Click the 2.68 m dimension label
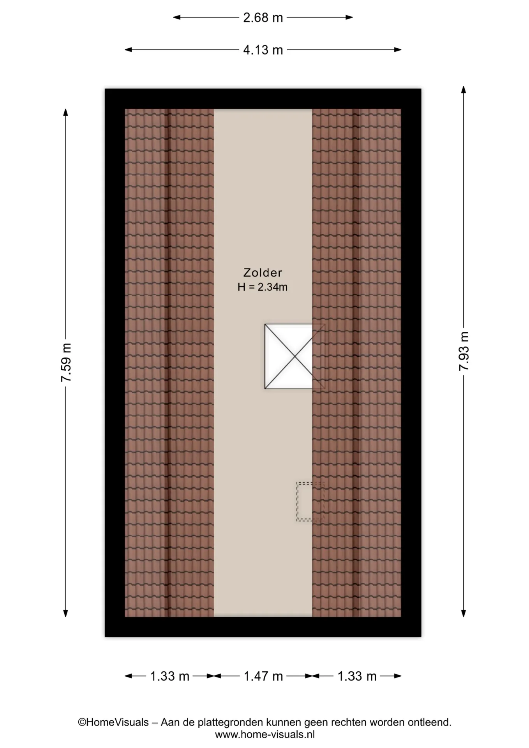point(263,18)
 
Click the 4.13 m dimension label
point(263,50)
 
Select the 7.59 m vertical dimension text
point(66,363)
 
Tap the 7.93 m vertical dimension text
point(464,351)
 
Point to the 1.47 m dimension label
point(263,676)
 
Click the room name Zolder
point(263,272)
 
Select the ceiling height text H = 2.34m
point(263,287)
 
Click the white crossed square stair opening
point(289,356)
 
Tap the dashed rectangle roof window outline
point(310,501)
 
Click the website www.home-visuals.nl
point(265,734)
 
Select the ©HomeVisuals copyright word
point(113,722)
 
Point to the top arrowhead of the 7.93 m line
point(464,89)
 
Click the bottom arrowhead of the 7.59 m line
point(65,613)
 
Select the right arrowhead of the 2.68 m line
point(349,17)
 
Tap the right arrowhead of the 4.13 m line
point(398,49)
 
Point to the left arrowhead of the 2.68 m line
point(177,17)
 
